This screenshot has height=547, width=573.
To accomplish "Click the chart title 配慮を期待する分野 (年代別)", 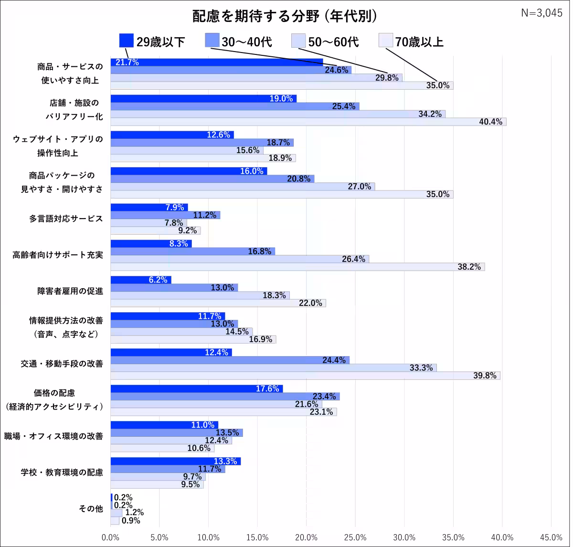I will (x=285, y=16).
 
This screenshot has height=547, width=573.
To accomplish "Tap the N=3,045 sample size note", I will (x=542, y=13).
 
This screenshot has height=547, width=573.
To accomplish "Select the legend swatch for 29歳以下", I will (x=126, y=41).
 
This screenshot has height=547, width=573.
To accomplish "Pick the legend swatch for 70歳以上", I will (x=385, y=41).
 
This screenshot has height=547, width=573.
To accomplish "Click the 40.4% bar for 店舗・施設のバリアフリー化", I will (x=308, y=122).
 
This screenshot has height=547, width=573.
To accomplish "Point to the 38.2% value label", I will (x=468, y=267).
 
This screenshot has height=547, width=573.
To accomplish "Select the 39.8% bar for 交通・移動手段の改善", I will (x=305, y=376).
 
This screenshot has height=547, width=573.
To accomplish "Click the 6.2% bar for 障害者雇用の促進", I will (x=141, y=280).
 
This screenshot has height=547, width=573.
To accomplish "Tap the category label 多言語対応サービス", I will (x=65, y=219).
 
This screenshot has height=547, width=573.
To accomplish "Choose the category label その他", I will (x=91, y=509).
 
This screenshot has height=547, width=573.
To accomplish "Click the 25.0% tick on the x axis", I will (x=355, y=537).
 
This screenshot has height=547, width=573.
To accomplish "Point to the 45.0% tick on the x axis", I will (x=551, y=537).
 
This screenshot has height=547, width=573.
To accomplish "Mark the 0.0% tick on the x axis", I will (x=111, y=537).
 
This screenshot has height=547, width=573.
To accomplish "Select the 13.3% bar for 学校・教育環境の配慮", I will (x=175, y=461).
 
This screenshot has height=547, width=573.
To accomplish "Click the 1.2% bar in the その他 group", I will (x=116, y=513).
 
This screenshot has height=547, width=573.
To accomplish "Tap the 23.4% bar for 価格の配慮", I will (x=225, y=396).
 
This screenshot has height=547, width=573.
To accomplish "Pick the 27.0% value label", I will (x=359, y=187).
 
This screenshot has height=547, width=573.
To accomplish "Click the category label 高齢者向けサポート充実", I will (x=58, y=255).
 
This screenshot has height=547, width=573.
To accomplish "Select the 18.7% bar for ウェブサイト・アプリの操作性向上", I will (x=202, y=142).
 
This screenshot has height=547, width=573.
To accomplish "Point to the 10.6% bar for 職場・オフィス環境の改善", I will (x=162, y=448).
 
